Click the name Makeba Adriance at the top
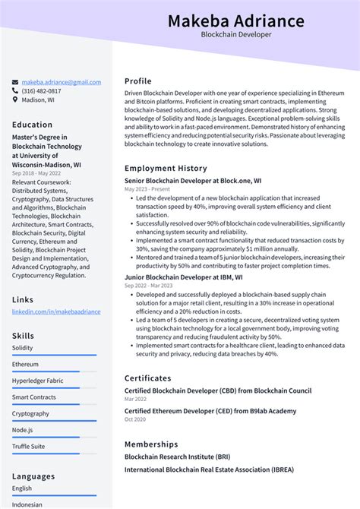tap(235, 21)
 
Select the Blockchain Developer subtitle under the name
tap(235, 35)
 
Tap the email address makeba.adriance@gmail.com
tap(61, 82)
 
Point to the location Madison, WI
tap(38, 100)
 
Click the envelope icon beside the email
tap(15, 82)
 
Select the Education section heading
tap(33, 125)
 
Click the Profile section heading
tap(138, 81)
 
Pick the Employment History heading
tap(166, 168)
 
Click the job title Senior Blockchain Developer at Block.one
tap(193, 181)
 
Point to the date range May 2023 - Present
tap(147, 189)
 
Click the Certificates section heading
tap(148, 378)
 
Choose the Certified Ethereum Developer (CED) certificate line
tap(210, 411)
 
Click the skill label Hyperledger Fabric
tap(37, 381)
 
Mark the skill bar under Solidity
tap(46, 355)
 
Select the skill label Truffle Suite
tap(28, 447)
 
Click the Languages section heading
tap(33, 476)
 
